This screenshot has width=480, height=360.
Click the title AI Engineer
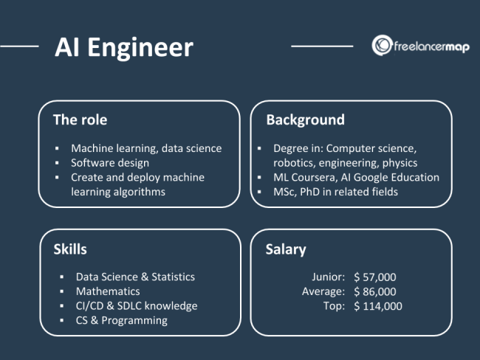pyautogui.click(x=123, y=47)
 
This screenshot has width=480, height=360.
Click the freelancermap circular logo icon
pyautogui.click(x=381, y=45)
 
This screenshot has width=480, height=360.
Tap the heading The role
pyautogui.click(x=80, y=120)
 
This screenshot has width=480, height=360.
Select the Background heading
pyautogui.click(x=305, y=120)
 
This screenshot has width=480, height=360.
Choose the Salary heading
pyautogui.click(x=286, y=249)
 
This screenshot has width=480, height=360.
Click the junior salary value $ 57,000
pyautogui.click(x=375, y=277)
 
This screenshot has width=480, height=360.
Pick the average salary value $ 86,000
pyautogui.click(x=375, y=291)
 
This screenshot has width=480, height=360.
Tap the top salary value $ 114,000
pyautogui.click(x=378, y=306)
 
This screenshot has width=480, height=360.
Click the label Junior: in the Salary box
pyautogui.click(x=328, y=277)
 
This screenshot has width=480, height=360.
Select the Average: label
pyautogui.click(x=323, y=291)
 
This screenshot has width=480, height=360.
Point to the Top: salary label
pyautogui.click(x=334, y=306)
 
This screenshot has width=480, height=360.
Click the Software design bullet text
pyautogui.click(x=110, y=163)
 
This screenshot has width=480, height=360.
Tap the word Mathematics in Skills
pyautogui.click(x=107, y=291)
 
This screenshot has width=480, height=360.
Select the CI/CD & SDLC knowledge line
pyautogui.click(x=137, y=305)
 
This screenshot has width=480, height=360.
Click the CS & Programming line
pyautogui.click(x=121, y=320)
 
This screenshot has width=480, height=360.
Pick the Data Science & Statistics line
pyautogui.click(x=135, y=277)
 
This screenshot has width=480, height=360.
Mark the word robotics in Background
pyautogui.click(x=294, y=163)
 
